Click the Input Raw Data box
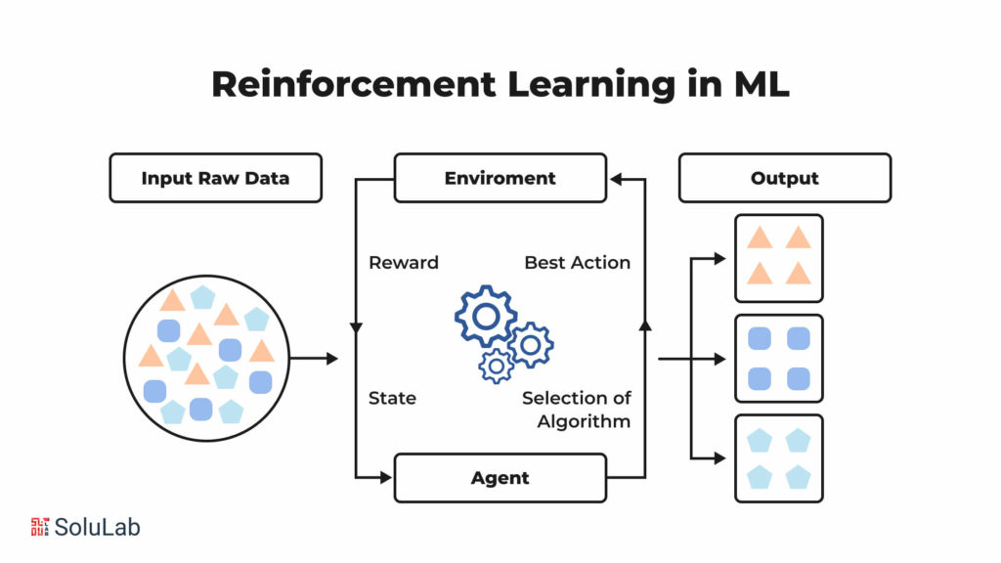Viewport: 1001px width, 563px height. point(215,178)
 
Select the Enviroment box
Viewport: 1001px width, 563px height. point(500,178)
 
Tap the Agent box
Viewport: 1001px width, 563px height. point(500,478)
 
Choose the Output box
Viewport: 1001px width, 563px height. point(784,178)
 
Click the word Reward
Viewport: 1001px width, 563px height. point(403,262)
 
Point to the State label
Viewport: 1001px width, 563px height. point(392,398)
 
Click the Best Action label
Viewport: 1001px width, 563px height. point(577,262)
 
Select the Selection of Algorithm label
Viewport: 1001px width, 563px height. point(576,410)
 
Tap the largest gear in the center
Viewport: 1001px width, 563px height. point(486,316)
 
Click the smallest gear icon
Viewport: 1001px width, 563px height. point(497,365)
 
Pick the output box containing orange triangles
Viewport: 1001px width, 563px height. point(778,258)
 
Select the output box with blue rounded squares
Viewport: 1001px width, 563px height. point(778,358)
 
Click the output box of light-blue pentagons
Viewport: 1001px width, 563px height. point(778,458)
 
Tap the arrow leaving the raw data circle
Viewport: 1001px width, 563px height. point(314,359)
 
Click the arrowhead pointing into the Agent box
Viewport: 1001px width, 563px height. point(386,478)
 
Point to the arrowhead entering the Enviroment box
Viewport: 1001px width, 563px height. point(615,179)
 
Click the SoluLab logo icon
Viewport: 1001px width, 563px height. point(40,527)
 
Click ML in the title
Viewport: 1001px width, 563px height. point(762,85)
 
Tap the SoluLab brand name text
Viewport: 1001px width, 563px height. point(97,527)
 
